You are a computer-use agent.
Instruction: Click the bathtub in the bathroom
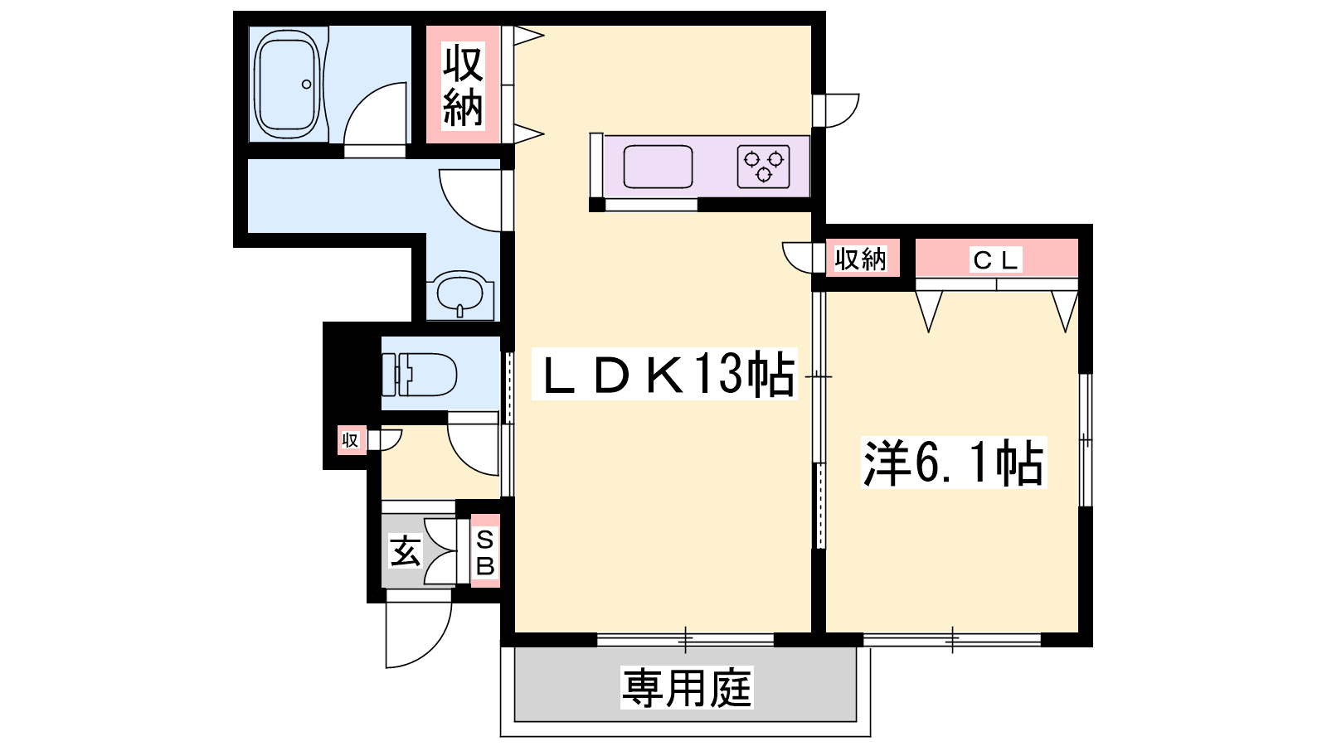click(287, 84)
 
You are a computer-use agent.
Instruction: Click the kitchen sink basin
click(658, 167)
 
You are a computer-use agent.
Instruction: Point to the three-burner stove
click(764, 167)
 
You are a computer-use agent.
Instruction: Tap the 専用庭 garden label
click(687, 687)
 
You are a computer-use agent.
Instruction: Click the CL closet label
click(996, 259)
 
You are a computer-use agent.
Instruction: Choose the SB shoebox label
click(485, 553)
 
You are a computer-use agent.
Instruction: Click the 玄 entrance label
click(406, 551)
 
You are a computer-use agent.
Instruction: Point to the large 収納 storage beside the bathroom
click(464, 86)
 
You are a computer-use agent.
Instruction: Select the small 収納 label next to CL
click(861, 259)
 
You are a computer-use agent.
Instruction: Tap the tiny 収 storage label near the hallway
click(350, 440)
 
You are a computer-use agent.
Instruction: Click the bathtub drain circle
click(306, 84)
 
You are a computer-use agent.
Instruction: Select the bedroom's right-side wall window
click(1086, 440)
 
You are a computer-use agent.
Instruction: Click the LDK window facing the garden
click(685, 639)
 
